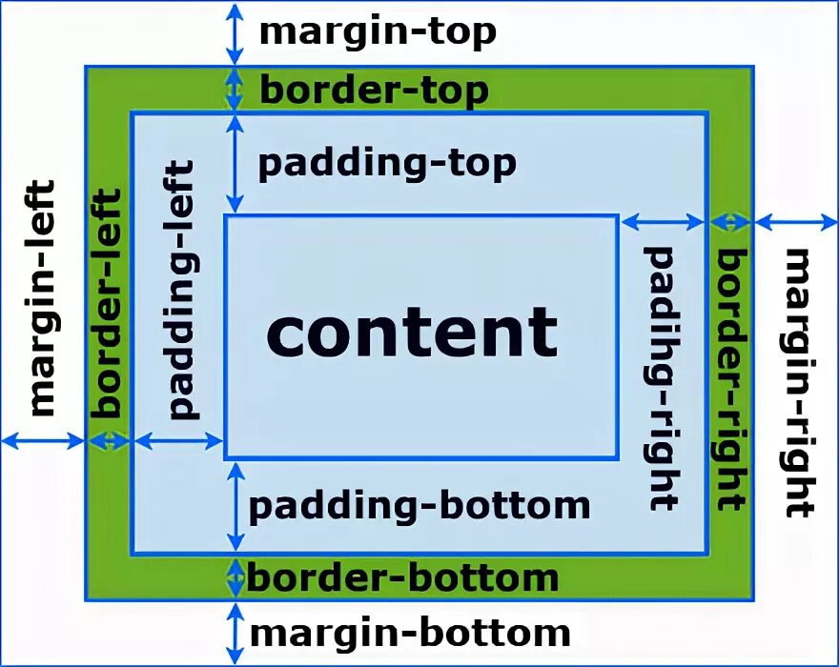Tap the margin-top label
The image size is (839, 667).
pyautogui.click(x=378, y=31)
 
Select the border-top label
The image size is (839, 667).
pyautogui.click(x=374, y=91)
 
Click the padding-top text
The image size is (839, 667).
pyautogui.click(x=387, y=163)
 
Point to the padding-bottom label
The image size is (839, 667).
pyautogui.click(x=419, y=505)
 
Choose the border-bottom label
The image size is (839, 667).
pyautogui.click(x=402, y=577)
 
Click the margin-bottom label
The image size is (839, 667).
pyautogui.click(x=410, y=632)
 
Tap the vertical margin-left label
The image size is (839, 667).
pyautogui.click(x=42, y=298)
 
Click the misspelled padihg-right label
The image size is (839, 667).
pyautogui.click(x=662, y=377)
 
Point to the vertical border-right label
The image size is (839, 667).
pyautogui.click(x=730, y=379)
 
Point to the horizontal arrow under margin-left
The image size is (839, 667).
pyautogui.click(x=43, y=440)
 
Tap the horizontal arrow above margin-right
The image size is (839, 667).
pyautogui.click(x=795, y=222)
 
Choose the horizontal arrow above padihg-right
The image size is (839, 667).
pyautogui.click(x=663, y=222)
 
